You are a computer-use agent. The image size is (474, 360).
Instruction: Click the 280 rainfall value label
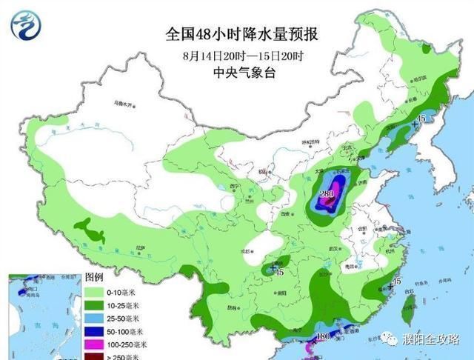(326, 195)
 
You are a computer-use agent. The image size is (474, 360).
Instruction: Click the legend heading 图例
(95, 276)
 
